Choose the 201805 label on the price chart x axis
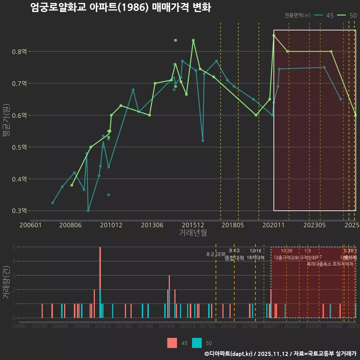(232, 225)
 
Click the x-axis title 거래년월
(193, 233)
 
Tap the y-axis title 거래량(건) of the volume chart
(6, 282)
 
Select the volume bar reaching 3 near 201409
(169, 296)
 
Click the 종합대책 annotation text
(234, 258)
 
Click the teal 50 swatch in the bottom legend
(197, 343)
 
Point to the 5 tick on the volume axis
(13, 247)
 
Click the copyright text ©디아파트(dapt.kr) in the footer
(228, 354)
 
